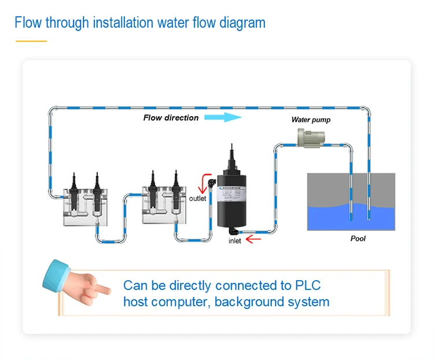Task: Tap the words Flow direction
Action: point(171,117)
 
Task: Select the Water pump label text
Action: point(311,120)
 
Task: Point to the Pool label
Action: point(358,238)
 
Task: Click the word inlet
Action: point(235,241)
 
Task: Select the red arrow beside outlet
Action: point(203,184)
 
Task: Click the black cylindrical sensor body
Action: point(231,200)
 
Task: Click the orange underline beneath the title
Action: point(31,41)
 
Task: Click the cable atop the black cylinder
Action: point(232,153)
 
